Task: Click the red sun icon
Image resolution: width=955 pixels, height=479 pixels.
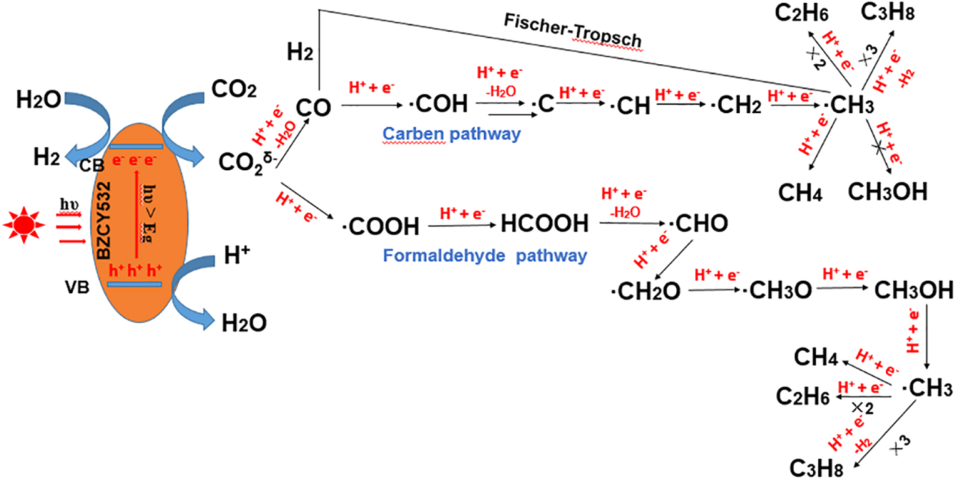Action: click(23, 224)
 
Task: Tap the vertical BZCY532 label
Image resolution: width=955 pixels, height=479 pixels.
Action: click(104, 221)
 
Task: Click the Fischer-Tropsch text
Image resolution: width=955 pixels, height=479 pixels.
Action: click(572, 31)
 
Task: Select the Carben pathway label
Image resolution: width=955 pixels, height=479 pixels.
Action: click(451, 134)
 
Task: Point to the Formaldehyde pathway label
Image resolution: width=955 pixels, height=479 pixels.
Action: click(485, 256)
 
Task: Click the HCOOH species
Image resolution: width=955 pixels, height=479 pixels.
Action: click(544, 223)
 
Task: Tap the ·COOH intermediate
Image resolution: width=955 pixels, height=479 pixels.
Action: click(381, 226)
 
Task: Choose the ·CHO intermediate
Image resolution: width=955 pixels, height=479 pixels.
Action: click(698, 223)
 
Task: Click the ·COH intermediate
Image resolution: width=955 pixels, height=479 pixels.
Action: click(439, 104)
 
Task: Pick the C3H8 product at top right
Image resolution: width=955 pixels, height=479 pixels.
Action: click(887, 12)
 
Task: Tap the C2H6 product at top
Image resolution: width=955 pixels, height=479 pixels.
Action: click(801, 13)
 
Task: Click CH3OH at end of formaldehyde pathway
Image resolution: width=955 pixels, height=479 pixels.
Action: click(913, 290)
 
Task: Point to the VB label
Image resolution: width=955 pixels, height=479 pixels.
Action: click(77, 287)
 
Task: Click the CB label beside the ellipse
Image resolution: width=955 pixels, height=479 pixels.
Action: click(92, 166)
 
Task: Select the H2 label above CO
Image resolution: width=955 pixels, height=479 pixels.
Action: click(300, 52)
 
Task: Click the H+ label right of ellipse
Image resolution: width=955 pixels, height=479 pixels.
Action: click(237, 256)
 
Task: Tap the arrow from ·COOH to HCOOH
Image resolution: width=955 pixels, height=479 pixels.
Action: click(461, 225)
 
